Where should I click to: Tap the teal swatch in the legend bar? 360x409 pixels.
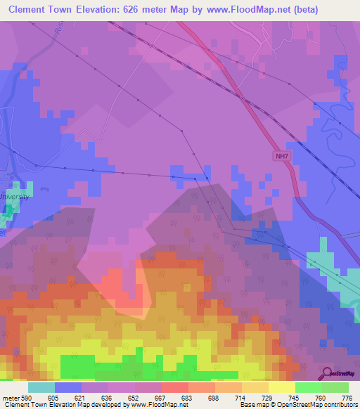tap(41, 387)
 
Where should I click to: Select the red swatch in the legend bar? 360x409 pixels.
tap(175, 387)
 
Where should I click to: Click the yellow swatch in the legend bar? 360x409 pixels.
tap(282, 387)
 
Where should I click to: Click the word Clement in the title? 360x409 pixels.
tap(32, 10)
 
